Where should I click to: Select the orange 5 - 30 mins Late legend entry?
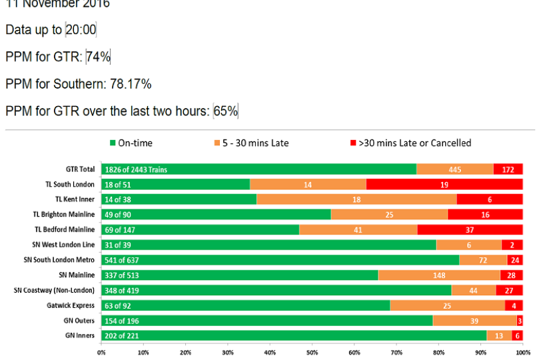(x=250, y=143)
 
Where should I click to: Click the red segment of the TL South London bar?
(x=444, y=184)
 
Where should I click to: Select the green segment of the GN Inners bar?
(x=294, y=335)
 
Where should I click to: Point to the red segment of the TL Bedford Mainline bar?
(x=470, y=229)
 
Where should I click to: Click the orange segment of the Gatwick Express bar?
(x=447, y=305)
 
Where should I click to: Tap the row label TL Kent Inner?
(x=75, y=199)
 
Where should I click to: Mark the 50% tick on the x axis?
(x=312, y=352)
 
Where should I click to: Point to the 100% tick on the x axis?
(x=522, y=352)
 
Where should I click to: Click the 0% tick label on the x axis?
(x=101, y=352)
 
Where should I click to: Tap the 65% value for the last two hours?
(x=226, y=111)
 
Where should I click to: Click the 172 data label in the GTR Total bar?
(x=508, y=169)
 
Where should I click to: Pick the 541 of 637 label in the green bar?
(x=122, y=259)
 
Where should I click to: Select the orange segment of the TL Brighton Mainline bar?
(x=389, y=214)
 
